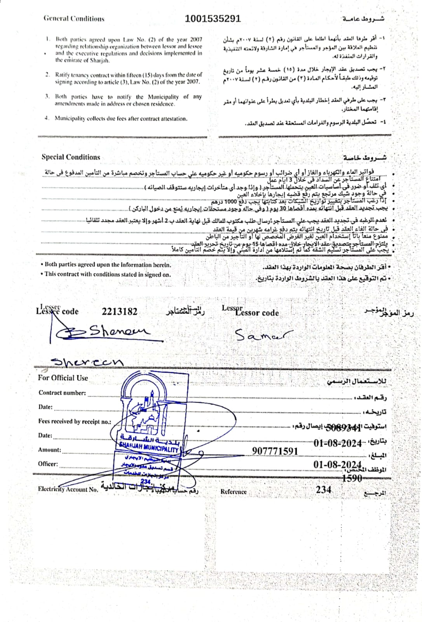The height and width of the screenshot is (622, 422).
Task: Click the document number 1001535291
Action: click(213, 18)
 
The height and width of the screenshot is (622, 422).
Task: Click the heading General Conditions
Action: click(74, 18)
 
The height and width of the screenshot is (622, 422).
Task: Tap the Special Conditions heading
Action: click(71, 157)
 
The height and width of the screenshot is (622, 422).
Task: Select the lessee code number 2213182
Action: click(119, 311)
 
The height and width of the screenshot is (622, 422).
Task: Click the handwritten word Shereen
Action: click(88, 362)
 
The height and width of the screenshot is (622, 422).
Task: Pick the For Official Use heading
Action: click(63, 378)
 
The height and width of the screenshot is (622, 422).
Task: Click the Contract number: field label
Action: click(62, 393)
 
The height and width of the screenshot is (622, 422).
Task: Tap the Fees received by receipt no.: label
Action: click(75, 421)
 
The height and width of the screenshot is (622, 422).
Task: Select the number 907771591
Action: click(275, 451)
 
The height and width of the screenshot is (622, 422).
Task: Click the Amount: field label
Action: click(49, 450)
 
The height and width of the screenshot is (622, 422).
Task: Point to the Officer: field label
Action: click(48, 464)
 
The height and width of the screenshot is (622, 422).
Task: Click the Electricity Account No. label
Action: click(68, 489)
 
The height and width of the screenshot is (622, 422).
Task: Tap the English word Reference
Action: click(234, 492)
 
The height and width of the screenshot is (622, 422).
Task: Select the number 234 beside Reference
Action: click(323, 489)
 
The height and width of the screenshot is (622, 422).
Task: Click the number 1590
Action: click(352, 478)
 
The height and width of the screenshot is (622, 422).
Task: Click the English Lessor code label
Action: click(257, 313)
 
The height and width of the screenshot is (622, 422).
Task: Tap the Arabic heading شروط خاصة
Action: click(364, 158)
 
